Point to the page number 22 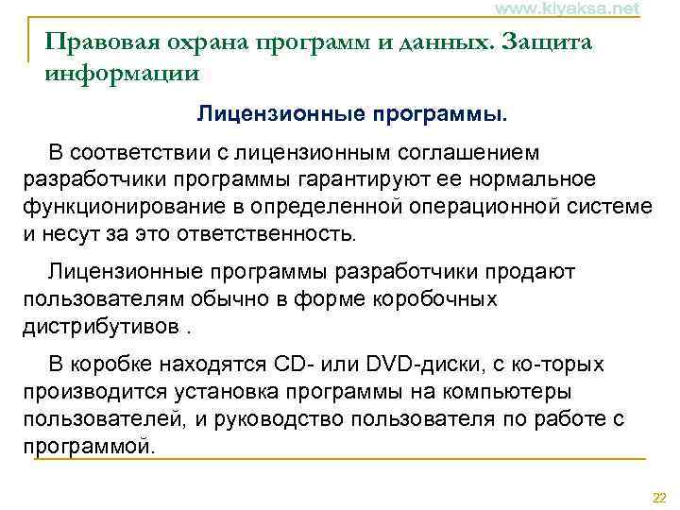(659, 498)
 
